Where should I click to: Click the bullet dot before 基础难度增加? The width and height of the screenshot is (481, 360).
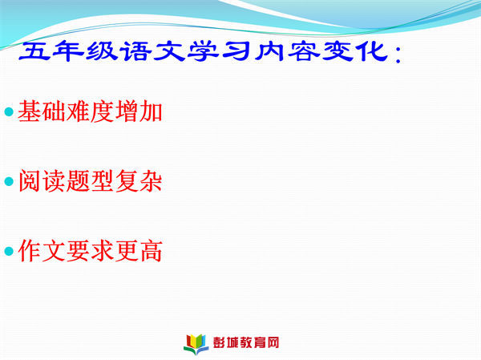(9, 111)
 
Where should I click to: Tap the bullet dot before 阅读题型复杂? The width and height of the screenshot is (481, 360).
(9, 181)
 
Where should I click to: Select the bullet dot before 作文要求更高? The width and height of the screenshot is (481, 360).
(9, 251)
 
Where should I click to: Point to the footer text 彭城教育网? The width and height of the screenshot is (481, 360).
(246, 342)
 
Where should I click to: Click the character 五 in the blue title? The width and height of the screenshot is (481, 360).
(34, 51)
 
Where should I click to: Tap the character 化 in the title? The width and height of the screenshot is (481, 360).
(372, 51)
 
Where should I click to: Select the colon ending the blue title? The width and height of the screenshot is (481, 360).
(398, 55)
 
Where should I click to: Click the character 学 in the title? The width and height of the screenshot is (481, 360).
(203, 51)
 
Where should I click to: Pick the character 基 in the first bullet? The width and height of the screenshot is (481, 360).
(30, 111)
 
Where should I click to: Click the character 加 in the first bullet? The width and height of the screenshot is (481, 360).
(151, 111)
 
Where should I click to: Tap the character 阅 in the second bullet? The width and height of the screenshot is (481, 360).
(30, 181)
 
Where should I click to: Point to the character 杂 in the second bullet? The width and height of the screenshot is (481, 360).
(151, 181)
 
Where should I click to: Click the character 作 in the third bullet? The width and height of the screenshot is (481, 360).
(30, 251)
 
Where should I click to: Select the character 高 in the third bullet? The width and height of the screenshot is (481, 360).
(151, 251)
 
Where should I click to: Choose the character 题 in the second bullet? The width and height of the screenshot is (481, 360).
(79, 181)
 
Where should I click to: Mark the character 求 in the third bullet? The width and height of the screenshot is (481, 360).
(103, 251)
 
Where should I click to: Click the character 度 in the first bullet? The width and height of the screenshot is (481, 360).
(103, 111)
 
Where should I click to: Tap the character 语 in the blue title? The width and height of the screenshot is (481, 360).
(136, 51)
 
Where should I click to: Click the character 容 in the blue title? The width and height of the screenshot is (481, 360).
(304, 51)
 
